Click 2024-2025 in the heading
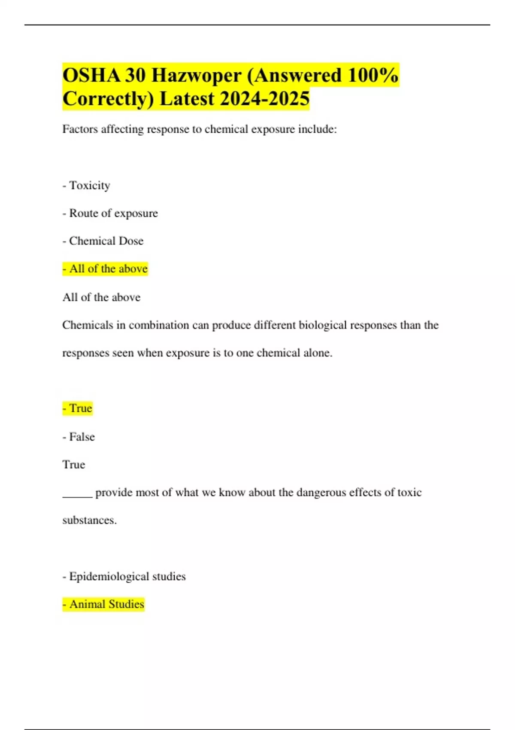[265, 99]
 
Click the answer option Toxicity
[89, 186]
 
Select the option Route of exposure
[113, 213]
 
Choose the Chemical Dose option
[106, 241]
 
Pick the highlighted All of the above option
[108, 269]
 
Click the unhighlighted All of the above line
[101, 297]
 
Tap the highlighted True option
[80, 408]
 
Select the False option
[82, 437]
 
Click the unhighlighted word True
[74, 465]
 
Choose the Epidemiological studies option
[127, 576]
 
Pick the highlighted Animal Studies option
[106, 604]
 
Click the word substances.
[89, 520]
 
